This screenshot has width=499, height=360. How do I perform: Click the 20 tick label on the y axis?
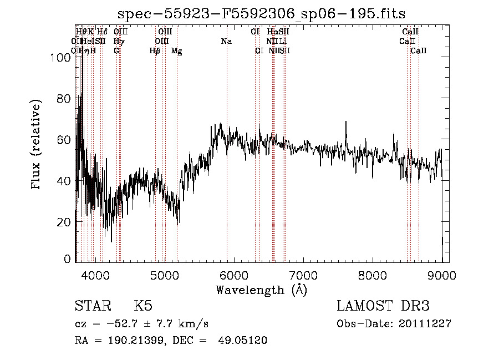[65, 222]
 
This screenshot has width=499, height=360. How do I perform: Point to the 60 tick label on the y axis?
[65, 139]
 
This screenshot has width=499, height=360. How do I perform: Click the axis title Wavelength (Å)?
[261, 290]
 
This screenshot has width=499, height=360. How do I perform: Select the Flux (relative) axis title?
[37, 145]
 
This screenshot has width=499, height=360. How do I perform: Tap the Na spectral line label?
[226, 41]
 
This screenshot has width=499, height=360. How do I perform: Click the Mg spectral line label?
[177, 51]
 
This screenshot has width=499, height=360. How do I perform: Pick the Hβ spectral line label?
[155, 51]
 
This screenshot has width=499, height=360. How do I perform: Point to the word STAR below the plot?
[93, 306]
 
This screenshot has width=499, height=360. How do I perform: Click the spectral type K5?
[143, 306]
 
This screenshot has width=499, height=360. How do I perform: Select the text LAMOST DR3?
[383, 306]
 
